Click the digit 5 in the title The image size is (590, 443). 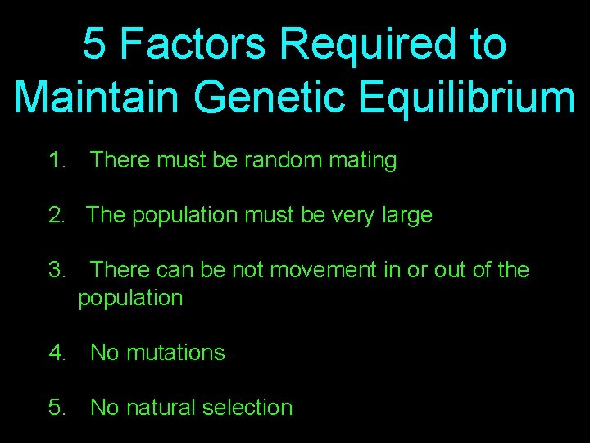(94, 44)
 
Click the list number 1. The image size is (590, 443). (56, 161)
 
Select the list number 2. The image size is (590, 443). (56, 216)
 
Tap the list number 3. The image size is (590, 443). (56, 270)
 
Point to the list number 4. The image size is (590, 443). (56, 353)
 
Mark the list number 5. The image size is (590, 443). (56, 408)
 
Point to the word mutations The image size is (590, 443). (174, 353)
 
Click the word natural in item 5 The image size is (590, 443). (159, 408)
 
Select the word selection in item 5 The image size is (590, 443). (247, 408)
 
